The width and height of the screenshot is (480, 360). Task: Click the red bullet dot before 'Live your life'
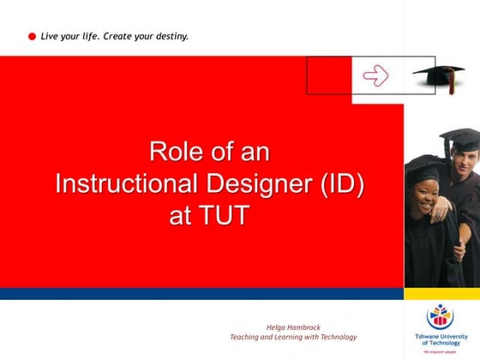pyautogui.click(x=32, y=37)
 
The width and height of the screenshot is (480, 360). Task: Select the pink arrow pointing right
pyautogui.click(x=375, y=75)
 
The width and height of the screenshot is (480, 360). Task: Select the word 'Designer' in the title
pyautogui.click(x=263, y=183)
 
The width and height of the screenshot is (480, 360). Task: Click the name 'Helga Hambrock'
pyautogui.click(x=293, y=327)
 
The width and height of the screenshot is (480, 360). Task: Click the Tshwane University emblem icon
pyautogui.click(x=441, y=315)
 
